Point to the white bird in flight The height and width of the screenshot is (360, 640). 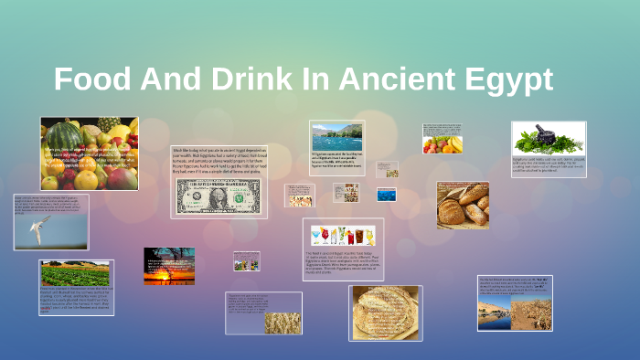tap(36, 228)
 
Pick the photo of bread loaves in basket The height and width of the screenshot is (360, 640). tap(463, 205)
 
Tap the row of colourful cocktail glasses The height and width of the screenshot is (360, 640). tap(343, 235)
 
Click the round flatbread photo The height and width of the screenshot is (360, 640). tap(384, 312)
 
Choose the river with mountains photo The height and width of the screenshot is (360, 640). tap(336, 136)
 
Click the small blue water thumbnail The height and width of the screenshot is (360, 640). tap(386, 194)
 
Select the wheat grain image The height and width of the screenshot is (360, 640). tap(283, 323)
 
